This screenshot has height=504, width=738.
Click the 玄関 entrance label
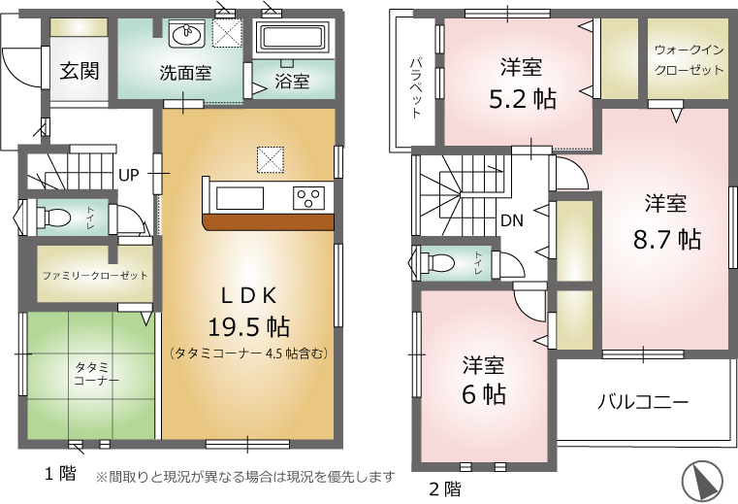tap(80, 71)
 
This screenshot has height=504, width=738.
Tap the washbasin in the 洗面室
tap(187, 34)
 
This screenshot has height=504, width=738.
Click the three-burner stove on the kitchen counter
tap(308, 198)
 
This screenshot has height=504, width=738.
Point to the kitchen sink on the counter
tap(240, 198)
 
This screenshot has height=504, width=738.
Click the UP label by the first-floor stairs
tap(128, 176)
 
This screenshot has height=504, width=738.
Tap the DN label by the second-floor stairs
tap(512, 220)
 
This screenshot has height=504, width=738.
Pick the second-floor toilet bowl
tap(436, 261)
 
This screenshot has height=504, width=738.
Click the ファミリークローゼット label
tap(95, 276)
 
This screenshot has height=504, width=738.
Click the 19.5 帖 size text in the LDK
tap(248, 326)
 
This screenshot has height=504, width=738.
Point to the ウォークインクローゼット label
tap(690, 60)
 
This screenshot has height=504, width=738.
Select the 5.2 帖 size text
tap(523, 99)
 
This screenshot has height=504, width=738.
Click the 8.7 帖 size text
tap(667, 239)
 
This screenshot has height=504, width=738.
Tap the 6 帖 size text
tap(483, 394)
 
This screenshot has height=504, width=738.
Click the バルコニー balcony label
tap(643, 402)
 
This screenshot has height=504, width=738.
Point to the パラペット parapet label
tap(416, 88)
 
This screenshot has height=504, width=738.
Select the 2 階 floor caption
tap(445, 488)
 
